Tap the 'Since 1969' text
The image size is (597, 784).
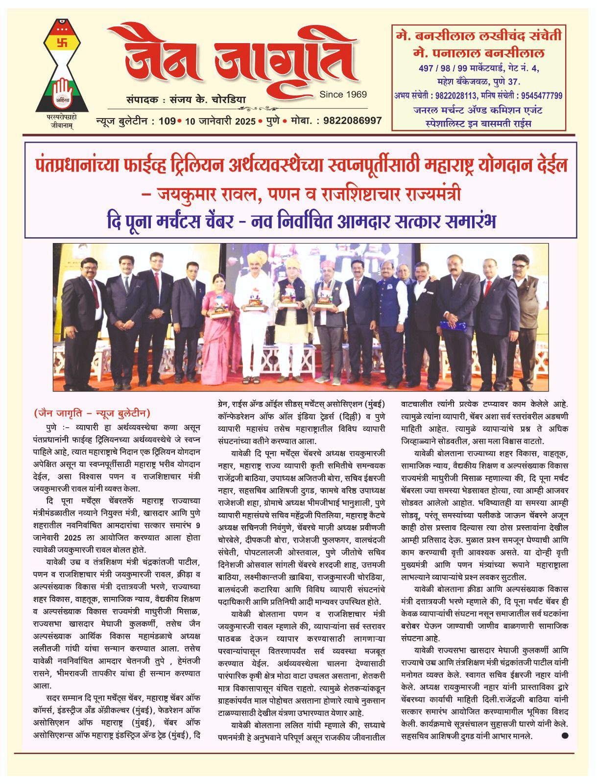coord(342,94)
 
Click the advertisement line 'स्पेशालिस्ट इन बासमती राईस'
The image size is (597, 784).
coord(479,123)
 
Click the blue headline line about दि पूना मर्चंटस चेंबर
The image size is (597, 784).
coord(301,221)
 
